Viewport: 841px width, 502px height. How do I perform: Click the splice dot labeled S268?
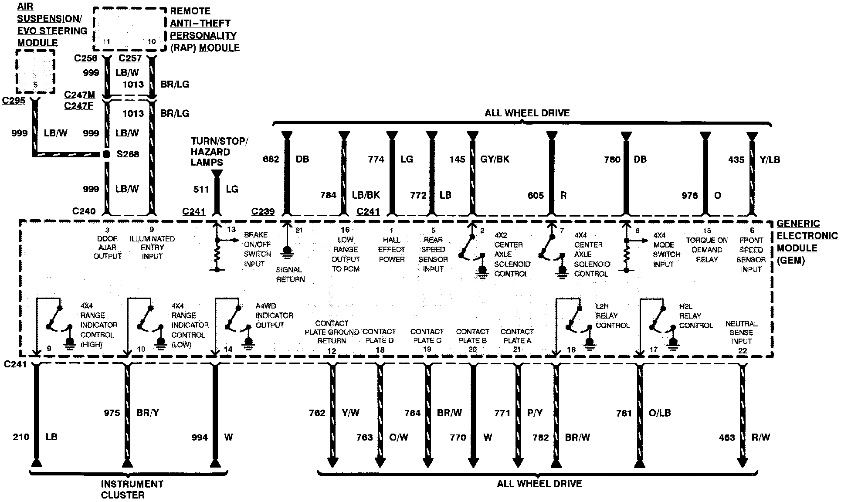click(106, 154)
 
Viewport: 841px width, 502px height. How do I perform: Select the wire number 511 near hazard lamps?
click(201, 189)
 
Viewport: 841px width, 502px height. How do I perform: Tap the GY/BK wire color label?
click(495, 159)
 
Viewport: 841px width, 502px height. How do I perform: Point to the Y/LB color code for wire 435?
click(770, 160)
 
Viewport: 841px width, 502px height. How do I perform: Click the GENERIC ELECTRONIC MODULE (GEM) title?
click(807, 242)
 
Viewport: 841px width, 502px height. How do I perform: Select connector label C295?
click(14, 101)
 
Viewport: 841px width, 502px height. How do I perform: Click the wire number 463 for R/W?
click(727, 438)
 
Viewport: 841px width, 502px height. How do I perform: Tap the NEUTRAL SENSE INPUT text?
click(742, 332)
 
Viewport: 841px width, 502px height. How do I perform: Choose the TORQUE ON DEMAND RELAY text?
click(707, 250)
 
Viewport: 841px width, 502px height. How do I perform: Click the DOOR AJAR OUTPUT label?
click(108, 247)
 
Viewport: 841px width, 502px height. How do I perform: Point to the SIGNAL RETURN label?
click(290, 275)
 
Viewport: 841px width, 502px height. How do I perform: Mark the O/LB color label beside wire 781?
click(659, 413)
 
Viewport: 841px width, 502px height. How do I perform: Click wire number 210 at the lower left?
click(21, 437)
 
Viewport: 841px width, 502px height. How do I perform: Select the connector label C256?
click(86, 58)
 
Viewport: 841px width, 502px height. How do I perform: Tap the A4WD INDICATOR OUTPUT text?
click(274, 315)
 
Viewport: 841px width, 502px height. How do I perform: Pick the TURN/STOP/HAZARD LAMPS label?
click(219, 152)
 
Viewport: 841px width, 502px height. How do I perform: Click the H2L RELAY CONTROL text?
click(696, 316)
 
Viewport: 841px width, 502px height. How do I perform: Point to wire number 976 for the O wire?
click(689, 196)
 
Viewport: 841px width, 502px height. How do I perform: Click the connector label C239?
click(263, 211)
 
